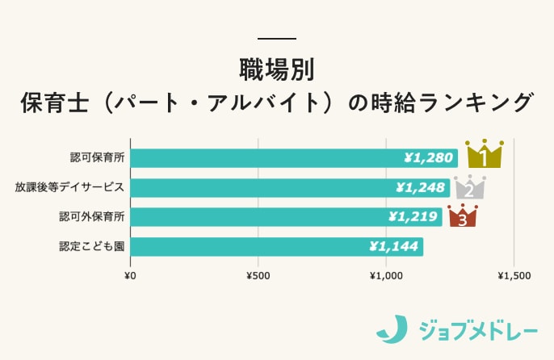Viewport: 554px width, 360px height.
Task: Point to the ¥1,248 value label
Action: (421, 188)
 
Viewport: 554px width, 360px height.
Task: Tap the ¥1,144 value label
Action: (394, 246)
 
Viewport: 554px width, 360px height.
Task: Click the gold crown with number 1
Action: (484, 154)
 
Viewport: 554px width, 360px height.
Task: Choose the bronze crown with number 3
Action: (462, 216)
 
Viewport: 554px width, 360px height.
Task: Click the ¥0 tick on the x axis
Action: (130, 276)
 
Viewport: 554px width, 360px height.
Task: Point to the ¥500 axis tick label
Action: (258, 276)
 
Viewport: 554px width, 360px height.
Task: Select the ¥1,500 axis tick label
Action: (514, 276)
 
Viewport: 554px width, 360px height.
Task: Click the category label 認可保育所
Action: (91, 158)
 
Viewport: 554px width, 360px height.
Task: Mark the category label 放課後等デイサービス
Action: (69, 187)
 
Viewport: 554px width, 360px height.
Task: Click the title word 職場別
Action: (276, 69)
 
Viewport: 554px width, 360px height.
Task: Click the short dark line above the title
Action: (276, 39)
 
